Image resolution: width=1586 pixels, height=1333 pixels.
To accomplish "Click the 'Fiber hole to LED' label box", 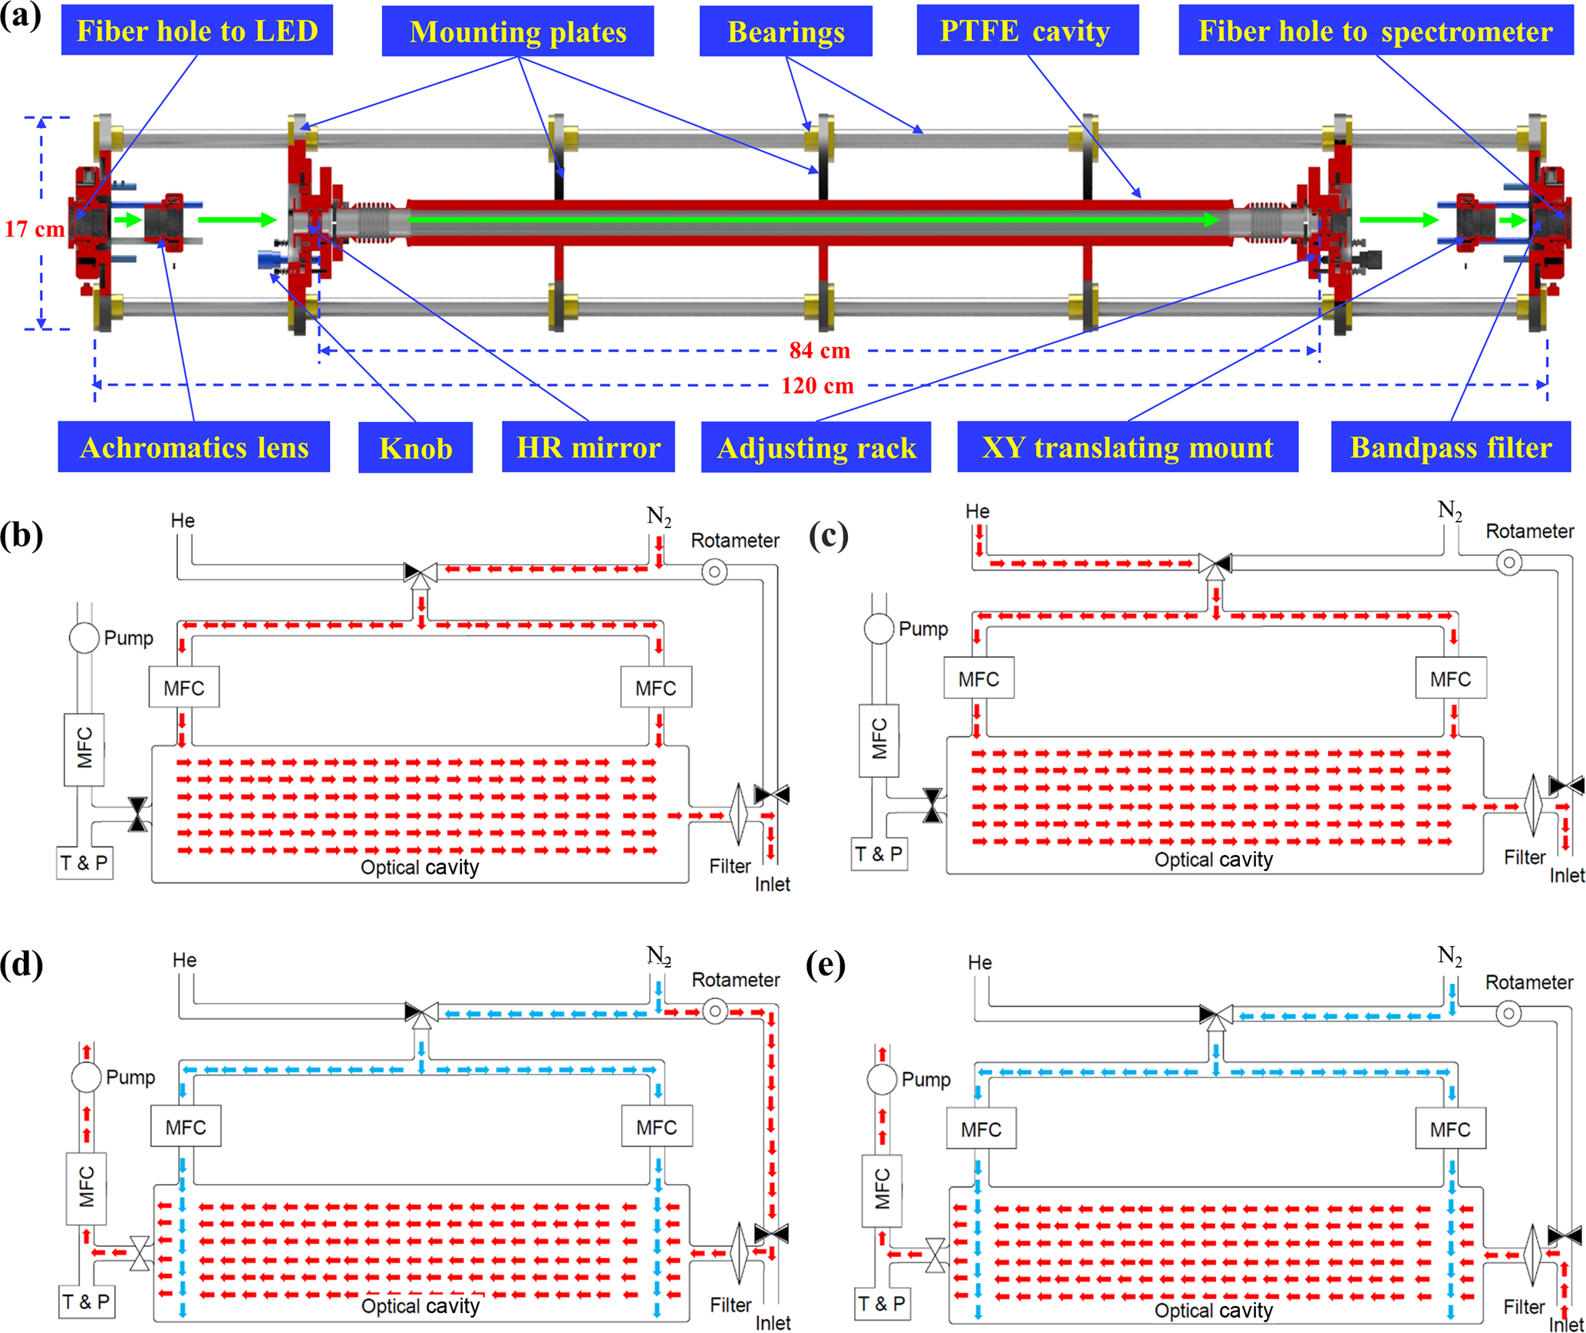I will click(196, 31).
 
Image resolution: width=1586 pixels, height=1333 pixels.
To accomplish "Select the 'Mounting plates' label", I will click(517, 31).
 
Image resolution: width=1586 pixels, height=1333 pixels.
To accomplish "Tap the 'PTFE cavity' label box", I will click(1027, 31).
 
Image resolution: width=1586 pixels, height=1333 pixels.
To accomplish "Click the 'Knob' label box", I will click(415, 447).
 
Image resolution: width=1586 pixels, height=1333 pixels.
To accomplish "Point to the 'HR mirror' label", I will click(588, 447).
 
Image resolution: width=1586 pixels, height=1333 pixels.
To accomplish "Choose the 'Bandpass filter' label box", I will click(1450, 447).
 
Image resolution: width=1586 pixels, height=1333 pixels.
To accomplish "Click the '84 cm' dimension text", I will click(819, 351).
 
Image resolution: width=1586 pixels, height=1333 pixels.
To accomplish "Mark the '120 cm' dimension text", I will click(817, 385).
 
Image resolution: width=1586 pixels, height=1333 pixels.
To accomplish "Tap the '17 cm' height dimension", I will click(35, 229).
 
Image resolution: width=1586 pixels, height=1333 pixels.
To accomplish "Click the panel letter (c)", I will click(828, 535).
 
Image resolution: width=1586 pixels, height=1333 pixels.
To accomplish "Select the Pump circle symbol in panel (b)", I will click(84, 638).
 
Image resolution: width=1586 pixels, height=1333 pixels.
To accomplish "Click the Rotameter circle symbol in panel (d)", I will click(715, 1011).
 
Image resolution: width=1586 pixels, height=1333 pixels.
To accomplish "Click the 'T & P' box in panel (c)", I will click(879, 854).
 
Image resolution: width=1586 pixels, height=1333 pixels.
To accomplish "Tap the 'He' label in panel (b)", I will click(183, 520).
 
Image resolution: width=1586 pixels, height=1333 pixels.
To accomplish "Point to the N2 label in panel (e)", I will click(1449, 956).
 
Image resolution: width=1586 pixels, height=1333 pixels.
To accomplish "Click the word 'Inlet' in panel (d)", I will click(773, 1323).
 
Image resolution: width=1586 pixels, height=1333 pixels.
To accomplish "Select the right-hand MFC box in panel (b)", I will click(656, 688).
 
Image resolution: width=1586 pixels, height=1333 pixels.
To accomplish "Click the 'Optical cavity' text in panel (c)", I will click(1213, 860).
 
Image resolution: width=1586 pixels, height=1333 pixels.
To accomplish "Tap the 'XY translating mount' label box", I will click(1127, 447).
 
